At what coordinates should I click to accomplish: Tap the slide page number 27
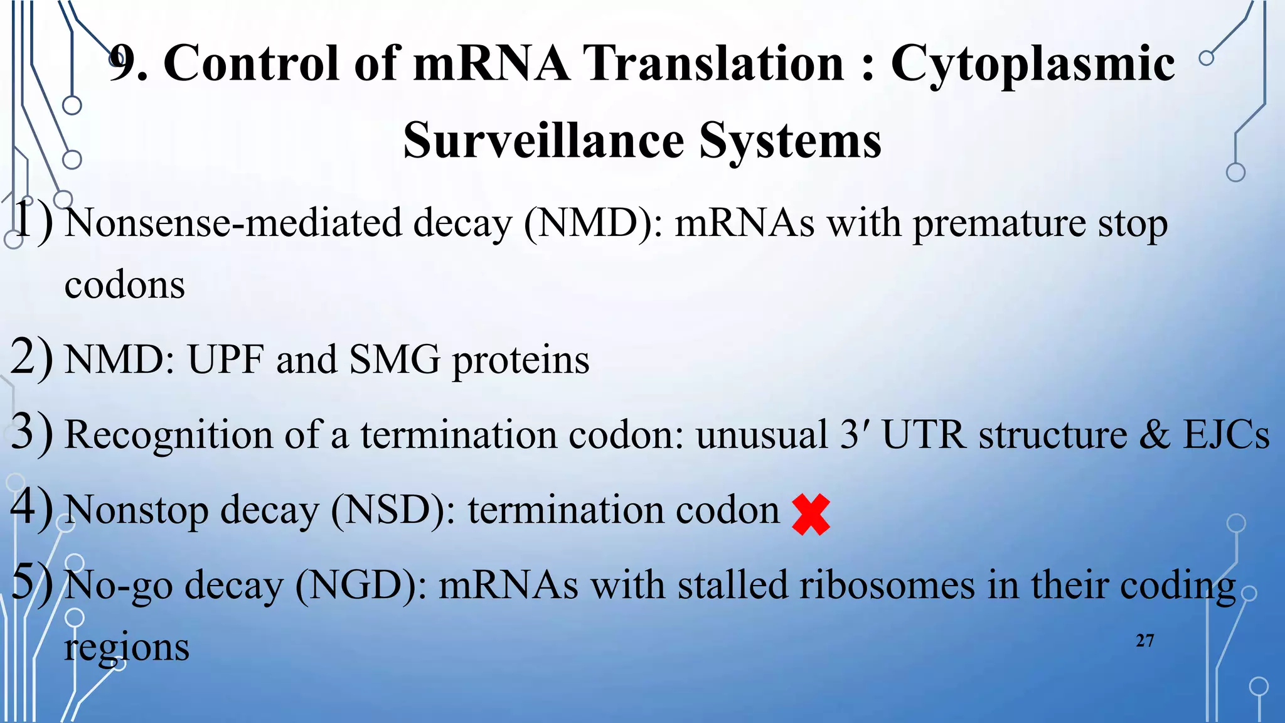(1144, 641)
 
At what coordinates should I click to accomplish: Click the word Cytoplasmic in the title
(1032, 64)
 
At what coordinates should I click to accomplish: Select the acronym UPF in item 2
(225, 360)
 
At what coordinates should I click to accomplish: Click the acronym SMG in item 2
(395, 360)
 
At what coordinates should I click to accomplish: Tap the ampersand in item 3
(1154, 434)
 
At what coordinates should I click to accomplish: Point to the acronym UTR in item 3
(924, 434)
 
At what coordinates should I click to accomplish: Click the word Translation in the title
(713, 64)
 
